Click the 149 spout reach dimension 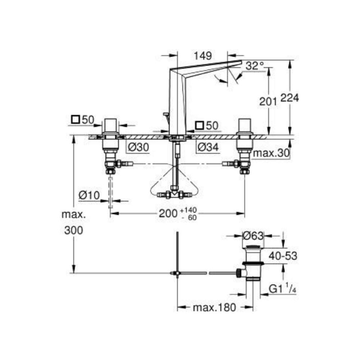(x=203, y=56)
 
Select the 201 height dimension (x=268, y=101)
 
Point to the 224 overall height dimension (x=290, y=98)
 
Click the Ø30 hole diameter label (x=139, y=147)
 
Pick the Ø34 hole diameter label (x=208, y=147)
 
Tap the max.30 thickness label (x=271, y=153)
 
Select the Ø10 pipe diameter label (x=89, y=195)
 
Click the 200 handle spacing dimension (x=168, y=213)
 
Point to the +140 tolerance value (x=189, y=210)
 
